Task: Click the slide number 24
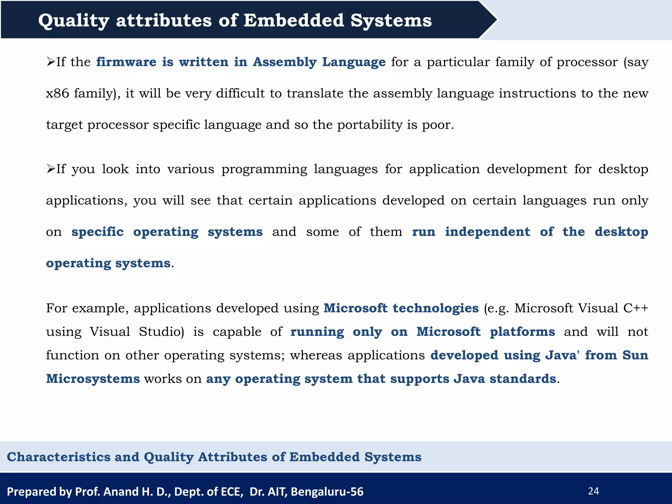click(x=594, y=491)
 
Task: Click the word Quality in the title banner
click(x=73, y=21)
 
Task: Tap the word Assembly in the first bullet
click(x=284, y=62)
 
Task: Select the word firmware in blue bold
click(x=126, y=62)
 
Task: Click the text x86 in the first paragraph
click(x=57, y=94)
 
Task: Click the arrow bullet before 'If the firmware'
click(x=51, y=62)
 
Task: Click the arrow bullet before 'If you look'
click(x=51, y=169)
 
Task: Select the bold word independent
click(x=487, y=232)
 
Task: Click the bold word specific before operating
click(x=97, y=232)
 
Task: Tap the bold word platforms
click(x=522, y=332)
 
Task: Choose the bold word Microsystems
click(x=93, y=379)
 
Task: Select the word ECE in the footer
click(x=232, y=492)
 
